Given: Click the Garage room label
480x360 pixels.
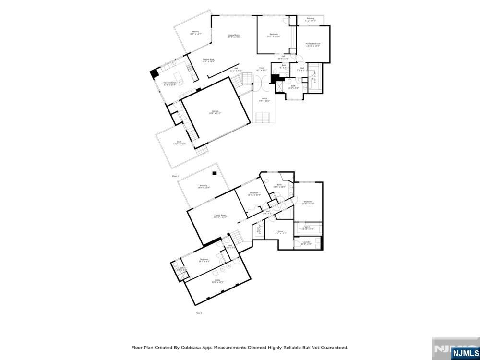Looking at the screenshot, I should [215, 112].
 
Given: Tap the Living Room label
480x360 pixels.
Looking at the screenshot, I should [234, 36].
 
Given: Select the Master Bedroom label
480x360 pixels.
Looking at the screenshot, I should [312, 44].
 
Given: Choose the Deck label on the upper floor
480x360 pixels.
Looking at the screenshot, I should [179, 142].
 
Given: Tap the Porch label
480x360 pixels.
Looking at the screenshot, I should [264, 100].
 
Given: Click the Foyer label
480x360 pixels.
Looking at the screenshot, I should [262, 69].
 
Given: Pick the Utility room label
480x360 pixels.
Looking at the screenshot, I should [217, 282].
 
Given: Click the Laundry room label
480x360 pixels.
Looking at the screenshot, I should [306, 242].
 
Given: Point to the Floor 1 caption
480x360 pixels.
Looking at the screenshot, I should [199, 313].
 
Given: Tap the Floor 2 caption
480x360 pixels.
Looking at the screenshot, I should [175, 176].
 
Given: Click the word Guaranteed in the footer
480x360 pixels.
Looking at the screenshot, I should [333, 348].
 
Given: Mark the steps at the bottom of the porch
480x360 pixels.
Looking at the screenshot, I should [264, 118].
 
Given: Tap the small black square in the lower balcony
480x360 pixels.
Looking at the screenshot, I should [215, 173].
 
